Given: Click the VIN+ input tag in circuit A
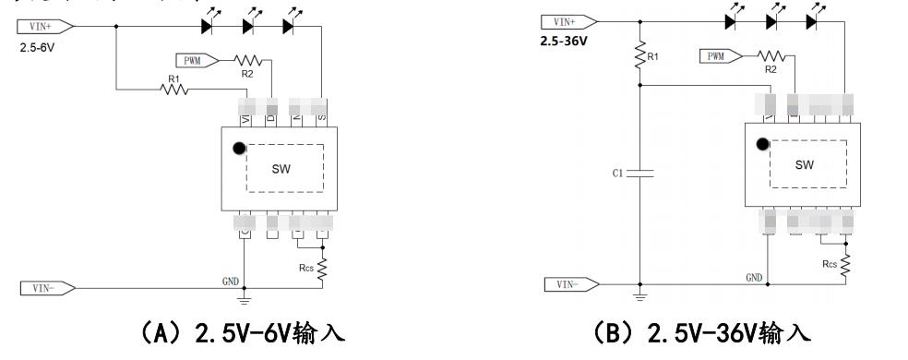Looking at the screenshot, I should coord(42,27).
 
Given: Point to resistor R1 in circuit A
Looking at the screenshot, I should coord(173,90).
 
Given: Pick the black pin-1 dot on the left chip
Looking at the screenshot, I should coord(239,148).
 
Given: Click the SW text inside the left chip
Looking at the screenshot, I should coord(281,169).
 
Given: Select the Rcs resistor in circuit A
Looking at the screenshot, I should coord(322,268).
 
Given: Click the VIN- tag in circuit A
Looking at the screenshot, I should coord(41,288).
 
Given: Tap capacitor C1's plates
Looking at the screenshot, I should coord(639,173).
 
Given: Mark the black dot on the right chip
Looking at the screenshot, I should coord(762,144).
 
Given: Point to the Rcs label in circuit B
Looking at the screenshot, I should coord(829,264).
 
